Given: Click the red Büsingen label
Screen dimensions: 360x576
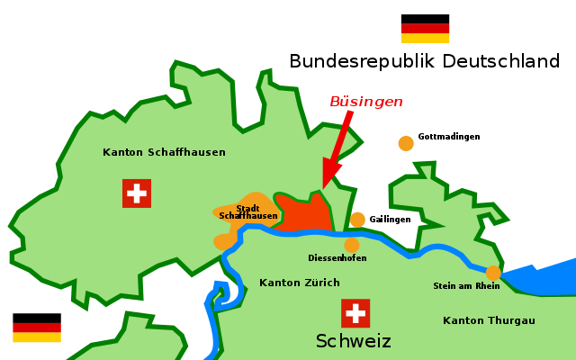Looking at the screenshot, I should [x=365, y=102].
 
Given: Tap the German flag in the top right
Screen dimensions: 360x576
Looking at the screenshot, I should [x=425, y=33].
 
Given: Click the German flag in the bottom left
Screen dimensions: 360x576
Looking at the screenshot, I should [x=37, y=333].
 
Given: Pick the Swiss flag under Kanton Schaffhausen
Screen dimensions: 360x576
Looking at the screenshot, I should [x=137, y=193].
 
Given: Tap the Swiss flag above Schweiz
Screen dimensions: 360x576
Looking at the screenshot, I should [x=355, y=313].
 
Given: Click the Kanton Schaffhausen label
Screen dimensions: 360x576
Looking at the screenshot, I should [x=164, y=152].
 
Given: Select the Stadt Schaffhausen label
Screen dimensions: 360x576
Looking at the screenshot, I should [x=248, y=212].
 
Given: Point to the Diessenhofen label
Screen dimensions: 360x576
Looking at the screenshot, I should [x=337, y=258].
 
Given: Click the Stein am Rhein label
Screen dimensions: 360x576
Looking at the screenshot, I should [x=466, y=286].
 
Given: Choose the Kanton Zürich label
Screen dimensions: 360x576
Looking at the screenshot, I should [x=300, y=283].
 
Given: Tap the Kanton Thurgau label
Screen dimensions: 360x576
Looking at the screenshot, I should [x=489, y=320].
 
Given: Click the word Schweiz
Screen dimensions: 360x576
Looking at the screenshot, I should [x=354, y=341].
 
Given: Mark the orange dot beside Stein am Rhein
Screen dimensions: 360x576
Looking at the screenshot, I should [x=493, y=273].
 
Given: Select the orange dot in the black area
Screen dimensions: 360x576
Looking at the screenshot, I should [x=406, y=143].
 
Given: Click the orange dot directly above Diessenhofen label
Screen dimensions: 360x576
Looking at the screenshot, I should [x=352, y=245].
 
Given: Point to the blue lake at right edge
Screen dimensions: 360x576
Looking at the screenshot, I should [x=549, y=279].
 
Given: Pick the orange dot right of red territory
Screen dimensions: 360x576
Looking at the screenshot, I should [x=357, y=220].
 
